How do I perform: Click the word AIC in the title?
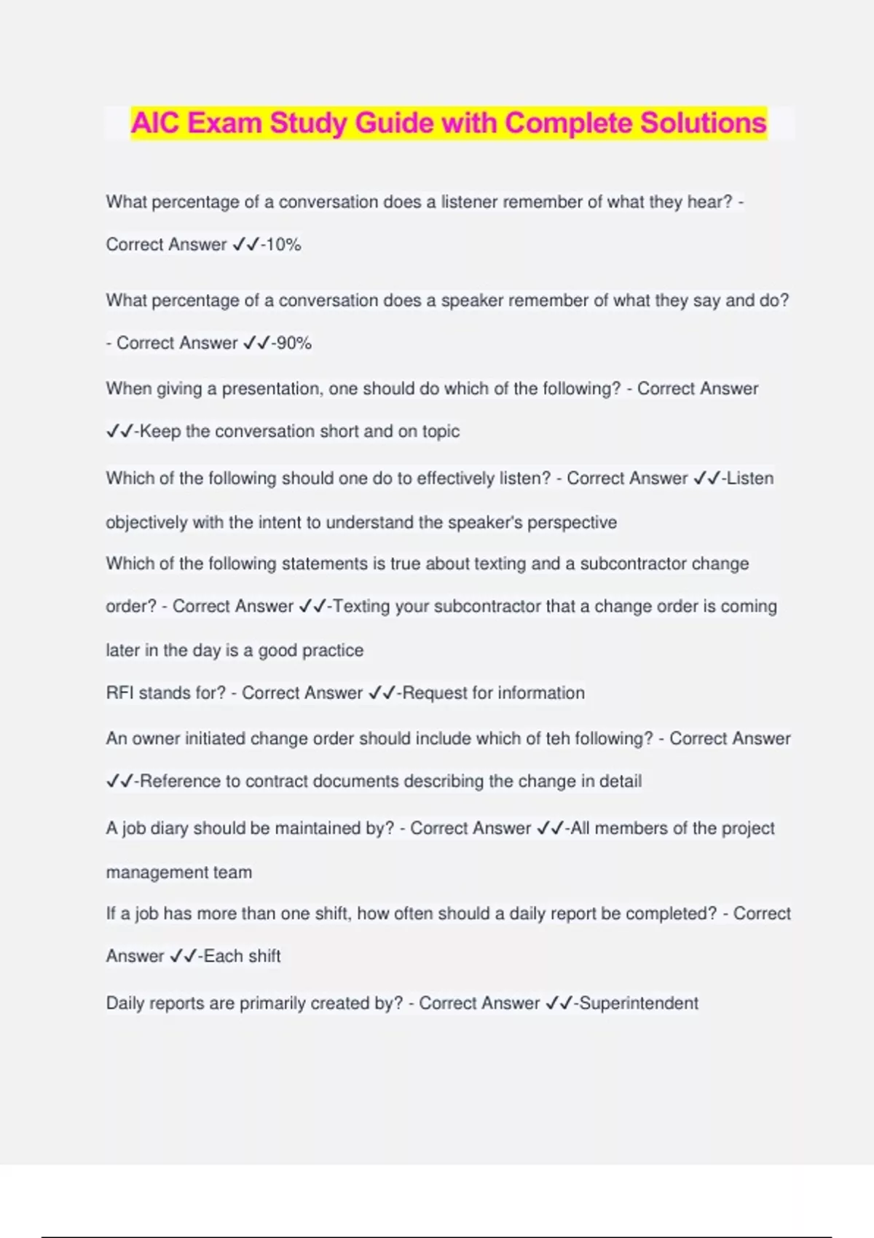pos(156,123)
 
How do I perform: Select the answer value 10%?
pos(284,245)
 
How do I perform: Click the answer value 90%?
pos(294,343)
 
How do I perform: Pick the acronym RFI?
pos(119,693)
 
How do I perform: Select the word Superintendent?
pos(639,1004)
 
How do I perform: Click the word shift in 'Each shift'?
pos(262,956)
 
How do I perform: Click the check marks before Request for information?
pos(382,693)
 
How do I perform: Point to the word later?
pos(122,650)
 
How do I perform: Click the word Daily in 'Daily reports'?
pos(128,1004)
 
